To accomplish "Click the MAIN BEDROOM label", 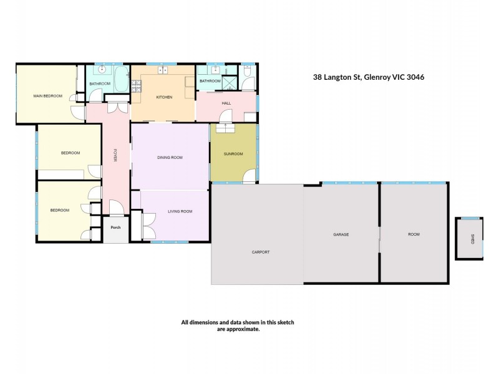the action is coord(48,96).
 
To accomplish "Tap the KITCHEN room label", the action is coord(164,97).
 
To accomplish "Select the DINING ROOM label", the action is coord(170,158).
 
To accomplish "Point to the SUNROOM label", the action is coord(233,154).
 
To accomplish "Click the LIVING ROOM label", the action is coord(180,211).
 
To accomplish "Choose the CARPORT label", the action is coord(261,252).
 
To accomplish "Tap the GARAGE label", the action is coord(341,234).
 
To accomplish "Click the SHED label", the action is coord(473,239).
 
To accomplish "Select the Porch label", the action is coord(115,228).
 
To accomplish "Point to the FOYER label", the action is coord(115,155).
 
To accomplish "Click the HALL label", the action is coord(226,103).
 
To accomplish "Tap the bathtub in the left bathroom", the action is coord(121,79).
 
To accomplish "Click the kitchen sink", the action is coord(163,70).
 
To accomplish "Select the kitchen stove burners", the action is coord(136,86).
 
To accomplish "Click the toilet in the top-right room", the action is coord(247,71).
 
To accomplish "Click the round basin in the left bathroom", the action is coord(102,69).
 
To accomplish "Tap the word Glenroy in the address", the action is coord(377,77).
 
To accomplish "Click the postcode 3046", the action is coord(415,77).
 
